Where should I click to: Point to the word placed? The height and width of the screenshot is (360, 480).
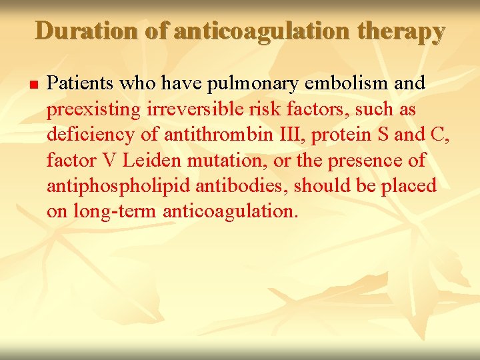[x=409, y=185]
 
